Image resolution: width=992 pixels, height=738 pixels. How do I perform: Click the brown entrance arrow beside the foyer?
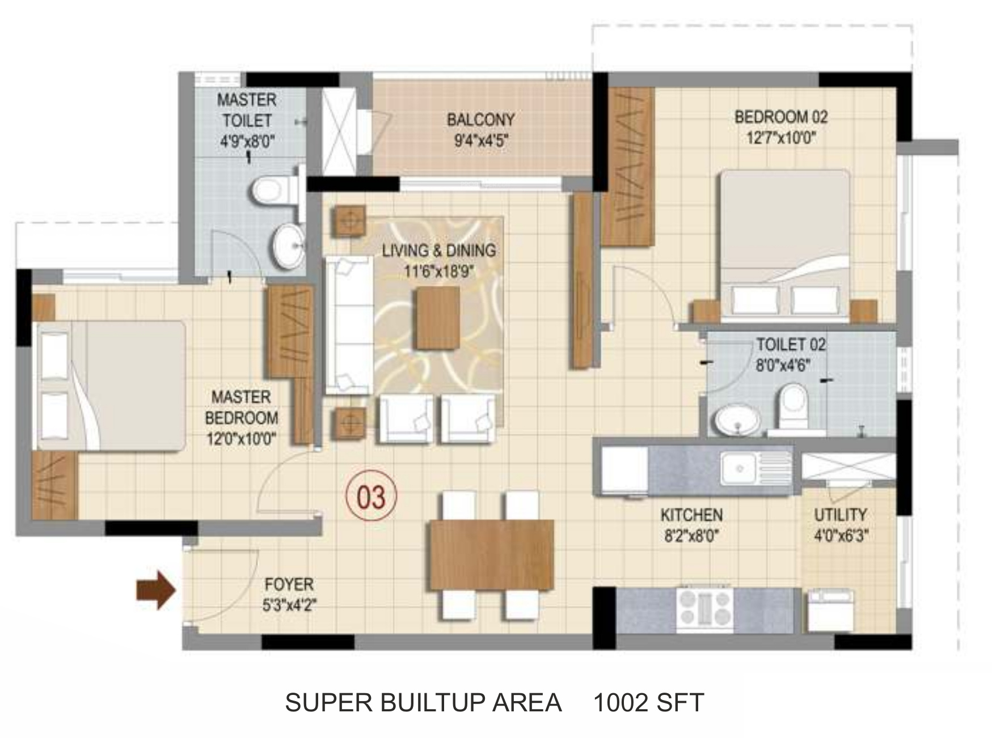click(x=156, y=591)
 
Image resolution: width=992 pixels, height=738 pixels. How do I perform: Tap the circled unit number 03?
click(x=372, y=497)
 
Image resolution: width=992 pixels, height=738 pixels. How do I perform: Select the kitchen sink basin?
click(x=739, y=468)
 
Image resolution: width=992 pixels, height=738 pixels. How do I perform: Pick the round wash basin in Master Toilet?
click(x=288, y=246)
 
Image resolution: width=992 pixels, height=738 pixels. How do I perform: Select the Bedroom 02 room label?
click(x=781, y=117)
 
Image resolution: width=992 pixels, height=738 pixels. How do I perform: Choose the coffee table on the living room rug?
click(x=438, y=318)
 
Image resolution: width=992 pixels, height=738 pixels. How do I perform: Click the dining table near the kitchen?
click(x=491, y=555)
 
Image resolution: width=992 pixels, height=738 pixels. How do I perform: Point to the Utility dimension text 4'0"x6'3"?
click(x=841, y=535)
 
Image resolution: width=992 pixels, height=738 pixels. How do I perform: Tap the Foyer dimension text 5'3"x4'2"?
click(x=289, y=605)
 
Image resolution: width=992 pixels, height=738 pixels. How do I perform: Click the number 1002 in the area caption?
click(x=620, y=703)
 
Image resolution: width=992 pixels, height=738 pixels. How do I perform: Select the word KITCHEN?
click(x=691, y=515)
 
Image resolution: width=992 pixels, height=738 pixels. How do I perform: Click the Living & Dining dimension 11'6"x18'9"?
click(x=439, y=272)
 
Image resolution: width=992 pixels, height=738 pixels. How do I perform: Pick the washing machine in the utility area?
click(x=830, y=610)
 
